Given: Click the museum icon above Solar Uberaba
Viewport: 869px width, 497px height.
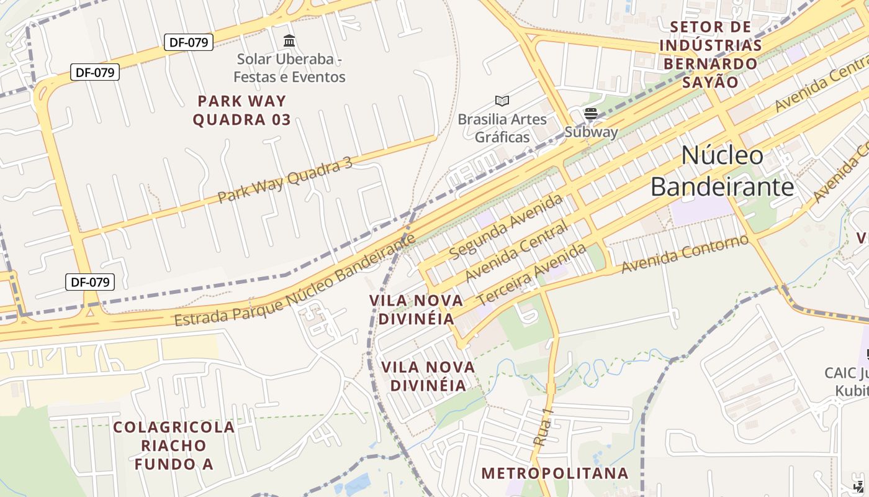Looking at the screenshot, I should (x=289, y=41).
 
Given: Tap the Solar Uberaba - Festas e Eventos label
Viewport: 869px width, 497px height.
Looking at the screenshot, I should (x=289, y=68).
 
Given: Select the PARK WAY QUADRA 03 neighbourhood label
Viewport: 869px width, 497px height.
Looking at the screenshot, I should (x=241, y=110).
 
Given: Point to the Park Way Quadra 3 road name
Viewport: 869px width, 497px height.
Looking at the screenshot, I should (x=285, y=181).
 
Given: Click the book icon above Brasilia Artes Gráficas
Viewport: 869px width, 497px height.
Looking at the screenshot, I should (x=502, y=101).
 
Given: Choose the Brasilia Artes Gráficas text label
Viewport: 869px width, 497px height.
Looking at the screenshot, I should (x=502, y=128).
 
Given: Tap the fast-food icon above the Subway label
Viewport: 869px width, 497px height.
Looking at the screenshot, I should (x=590, y=113).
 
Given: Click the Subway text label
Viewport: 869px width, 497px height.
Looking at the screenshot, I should (x=591, y=132).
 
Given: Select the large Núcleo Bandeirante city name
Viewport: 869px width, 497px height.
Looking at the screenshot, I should (x=722, y=171).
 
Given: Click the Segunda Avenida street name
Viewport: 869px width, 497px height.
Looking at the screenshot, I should (x=506, y=227).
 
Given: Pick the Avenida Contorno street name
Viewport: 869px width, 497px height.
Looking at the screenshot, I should (x=685, y=254).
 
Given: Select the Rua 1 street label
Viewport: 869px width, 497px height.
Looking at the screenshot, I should (x=543, y=427).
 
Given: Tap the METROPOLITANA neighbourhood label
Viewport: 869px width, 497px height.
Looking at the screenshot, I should (x=555, y=473).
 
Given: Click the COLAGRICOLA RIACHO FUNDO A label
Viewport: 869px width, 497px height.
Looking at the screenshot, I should (x=174, y=445).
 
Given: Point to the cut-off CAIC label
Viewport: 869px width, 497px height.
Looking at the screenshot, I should (x=847, y=381).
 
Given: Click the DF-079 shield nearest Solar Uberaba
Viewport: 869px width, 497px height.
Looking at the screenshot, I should (x=189, y=42).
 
